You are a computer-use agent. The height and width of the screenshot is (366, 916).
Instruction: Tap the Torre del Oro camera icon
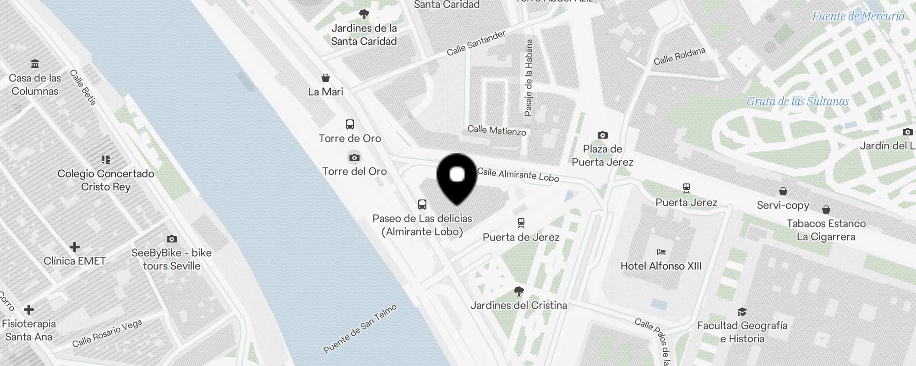click(354, 158)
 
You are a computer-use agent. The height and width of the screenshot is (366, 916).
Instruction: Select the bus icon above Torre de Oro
click(350, 124)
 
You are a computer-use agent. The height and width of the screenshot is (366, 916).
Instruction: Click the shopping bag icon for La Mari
click(326, 78)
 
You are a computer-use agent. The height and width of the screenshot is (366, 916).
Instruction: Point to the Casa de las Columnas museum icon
click(35, 64)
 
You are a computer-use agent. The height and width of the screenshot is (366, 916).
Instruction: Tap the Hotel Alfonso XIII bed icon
click(661, 252)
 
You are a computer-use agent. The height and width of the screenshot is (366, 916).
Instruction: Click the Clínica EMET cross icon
click(74, 248)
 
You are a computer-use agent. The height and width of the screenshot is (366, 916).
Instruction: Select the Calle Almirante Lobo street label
click(518, 174)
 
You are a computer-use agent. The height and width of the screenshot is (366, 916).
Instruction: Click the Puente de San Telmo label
click(360, 329)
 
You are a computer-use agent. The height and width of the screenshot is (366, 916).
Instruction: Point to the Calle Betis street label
click(83, 87)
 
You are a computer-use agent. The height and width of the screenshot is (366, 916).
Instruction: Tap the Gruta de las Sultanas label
click(798, 102)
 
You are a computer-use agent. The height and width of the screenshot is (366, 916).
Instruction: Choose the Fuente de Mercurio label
click(858, 16)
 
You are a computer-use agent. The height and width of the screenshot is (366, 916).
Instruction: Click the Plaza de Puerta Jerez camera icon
click(603, 135)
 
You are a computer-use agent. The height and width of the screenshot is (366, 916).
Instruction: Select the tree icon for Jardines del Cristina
click(519, 291)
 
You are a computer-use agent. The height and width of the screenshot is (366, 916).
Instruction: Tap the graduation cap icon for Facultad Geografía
click(742, 312)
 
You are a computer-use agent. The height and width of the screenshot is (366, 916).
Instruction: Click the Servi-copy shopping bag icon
click(783, 191)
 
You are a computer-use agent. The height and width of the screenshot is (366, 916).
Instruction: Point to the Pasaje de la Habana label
click(529, 77)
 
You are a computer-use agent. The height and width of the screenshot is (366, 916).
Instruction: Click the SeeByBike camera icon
click(172, 239)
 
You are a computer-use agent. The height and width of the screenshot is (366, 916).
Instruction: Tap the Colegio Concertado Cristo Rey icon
click(106, 160)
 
